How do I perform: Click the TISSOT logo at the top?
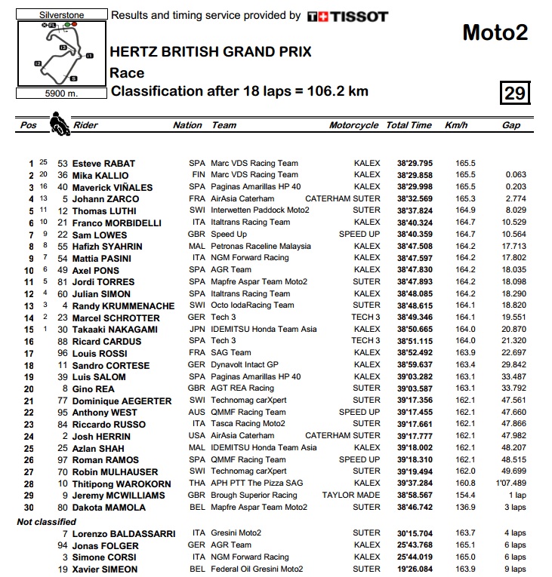348,16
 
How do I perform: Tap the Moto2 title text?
495,32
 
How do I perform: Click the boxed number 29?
515,93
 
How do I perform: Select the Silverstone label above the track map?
60,14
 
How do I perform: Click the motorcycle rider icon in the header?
57,123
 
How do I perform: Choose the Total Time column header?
409,125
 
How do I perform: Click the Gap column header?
511,125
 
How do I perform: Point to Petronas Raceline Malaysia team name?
261,246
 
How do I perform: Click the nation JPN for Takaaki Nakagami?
196,329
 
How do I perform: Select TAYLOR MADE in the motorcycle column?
351,496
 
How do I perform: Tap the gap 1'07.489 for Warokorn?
510,483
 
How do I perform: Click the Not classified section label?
47,521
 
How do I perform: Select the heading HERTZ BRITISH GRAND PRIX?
211,52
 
